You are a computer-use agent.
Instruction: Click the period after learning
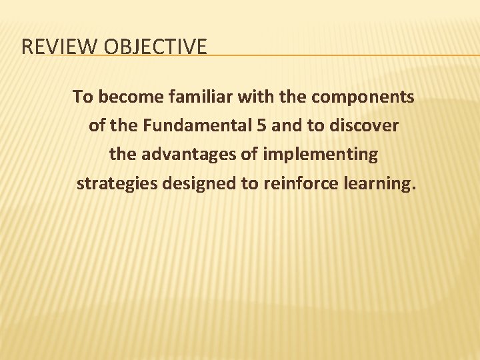pyautogui.click(x=413, y=188)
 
